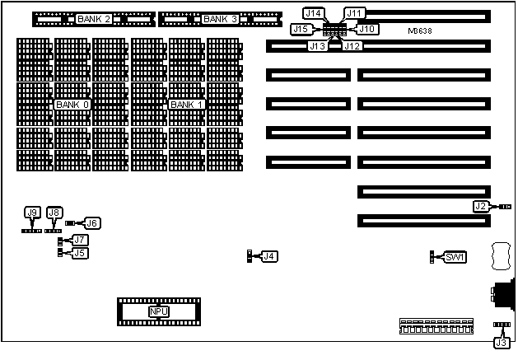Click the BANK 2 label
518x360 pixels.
pos(93,18)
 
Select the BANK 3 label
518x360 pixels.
pos(220,18)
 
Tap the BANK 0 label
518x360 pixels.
pos(72,105)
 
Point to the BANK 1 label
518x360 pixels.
pos(186,105)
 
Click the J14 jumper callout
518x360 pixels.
pos(314,13)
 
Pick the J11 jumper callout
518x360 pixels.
pos(355,13)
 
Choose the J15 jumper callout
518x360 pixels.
pos(301,29)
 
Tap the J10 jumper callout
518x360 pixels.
pos(368,29)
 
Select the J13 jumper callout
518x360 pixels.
pos(318,45)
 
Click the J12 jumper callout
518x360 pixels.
pos(352,45)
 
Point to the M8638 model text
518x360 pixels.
pos(420,31)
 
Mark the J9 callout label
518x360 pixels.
pos(33,213)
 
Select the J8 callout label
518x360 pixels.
pos(54,213)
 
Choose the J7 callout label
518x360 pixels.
pos(80,240)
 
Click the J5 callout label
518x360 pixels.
pos(80,253)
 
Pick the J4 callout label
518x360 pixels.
pos(268,256)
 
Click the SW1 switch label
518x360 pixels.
pos(455,257)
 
